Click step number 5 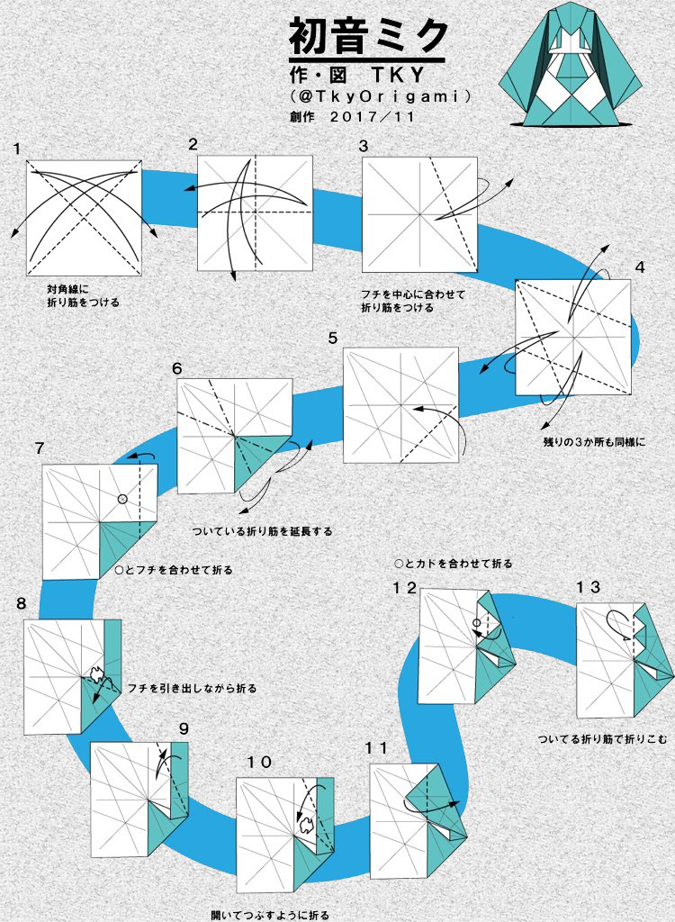coord(333,338)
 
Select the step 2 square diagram coord(255,212)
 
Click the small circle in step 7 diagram coord(121,499)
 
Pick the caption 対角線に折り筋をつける coord(83,296)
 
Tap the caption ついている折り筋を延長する coord(262,531)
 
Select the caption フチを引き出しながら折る coord(193,688)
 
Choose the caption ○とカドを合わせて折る coord(454,564)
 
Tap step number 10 coord(259,763)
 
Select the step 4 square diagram coord(572,337)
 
